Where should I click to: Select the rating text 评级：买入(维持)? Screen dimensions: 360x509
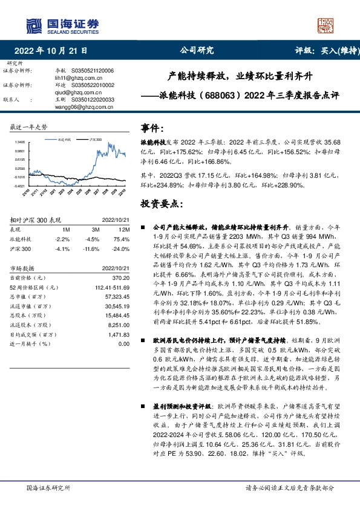pos(324,51)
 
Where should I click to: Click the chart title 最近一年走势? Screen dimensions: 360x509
pos(28,127)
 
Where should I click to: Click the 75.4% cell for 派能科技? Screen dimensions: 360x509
pos(123,239)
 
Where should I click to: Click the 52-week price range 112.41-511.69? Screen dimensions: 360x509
pos(110,286)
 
